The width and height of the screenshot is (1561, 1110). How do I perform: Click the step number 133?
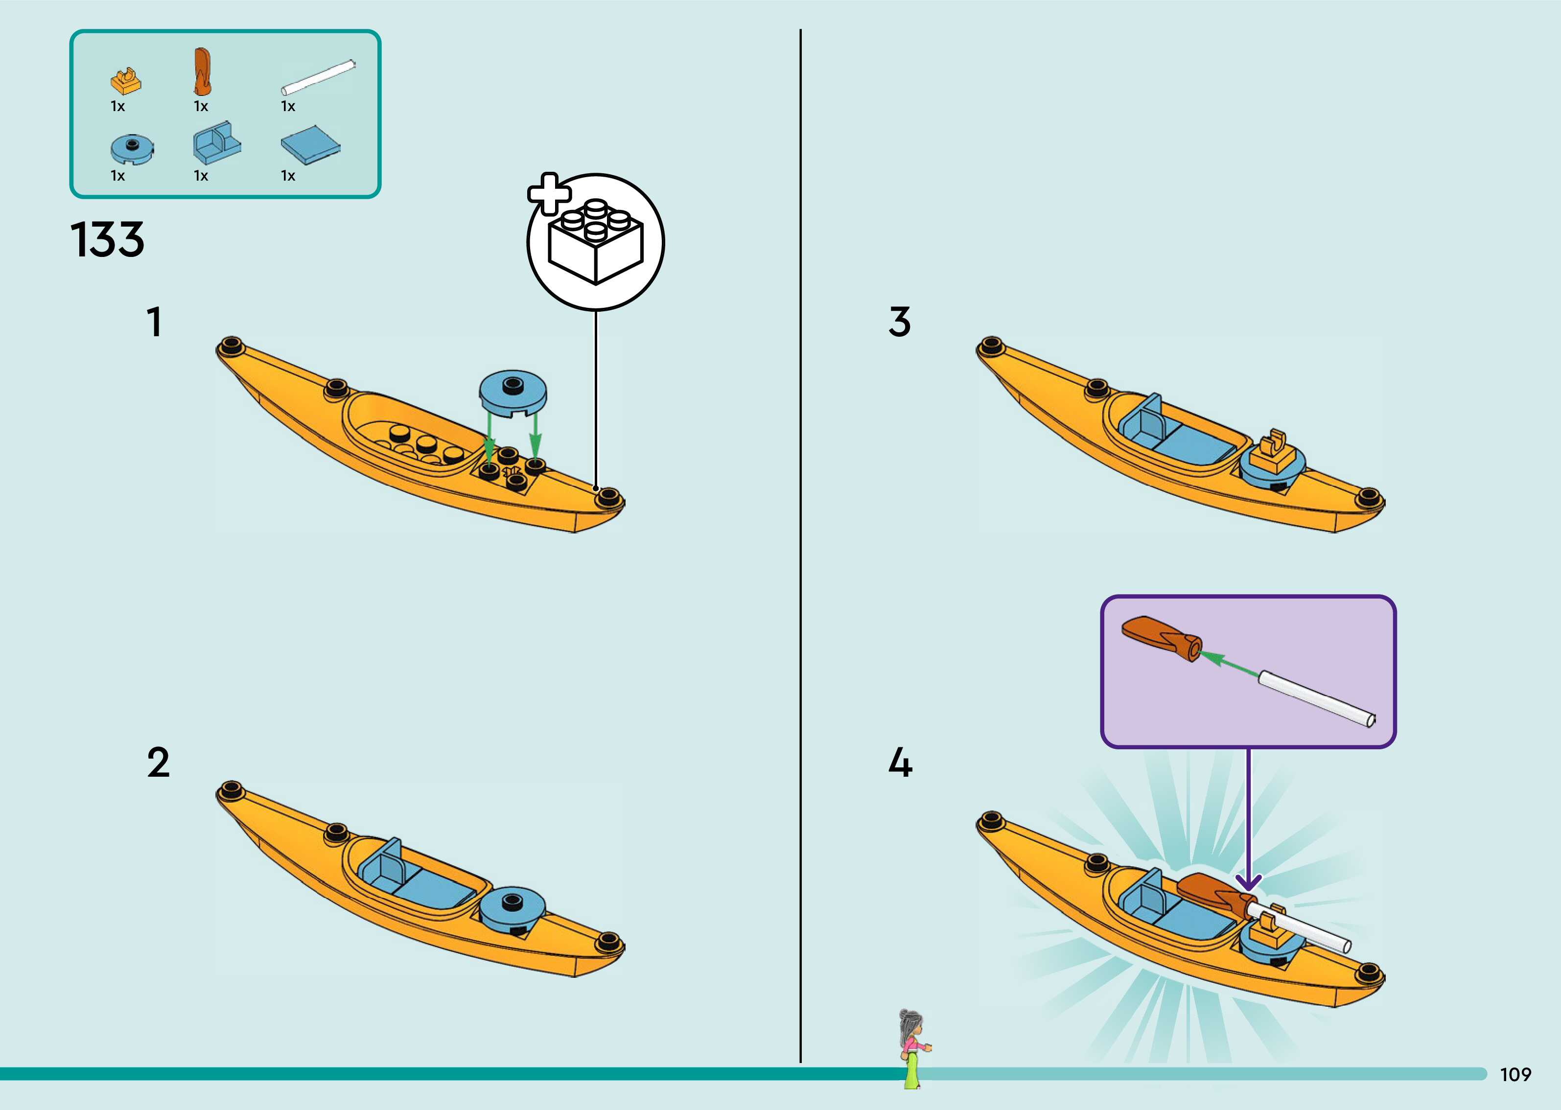[107, 240]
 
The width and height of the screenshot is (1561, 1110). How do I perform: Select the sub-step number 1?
[155, 322]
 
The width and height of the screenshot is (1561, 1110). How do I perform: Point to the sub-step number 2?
[158, 763]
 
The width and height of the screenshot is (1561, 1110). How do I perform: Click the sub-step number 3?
[899, 322]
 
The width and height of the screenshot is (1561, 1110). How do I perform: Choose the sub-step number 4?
[900, 763]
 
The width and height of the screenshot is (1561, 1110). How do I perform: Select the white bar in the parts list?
[319, 76]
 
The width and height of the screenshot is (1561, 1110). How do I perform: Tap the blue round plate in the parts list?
[131, 148]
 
